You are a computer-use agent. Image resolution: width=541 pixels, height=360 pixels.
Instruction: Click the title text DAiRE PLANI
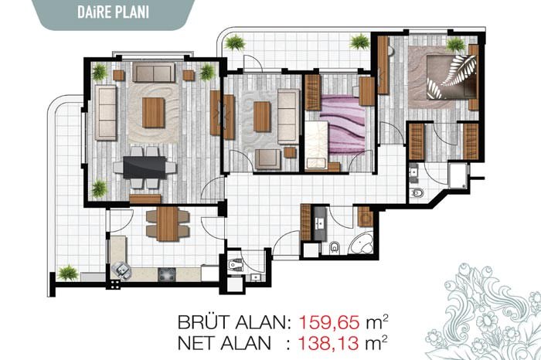pos(113,12)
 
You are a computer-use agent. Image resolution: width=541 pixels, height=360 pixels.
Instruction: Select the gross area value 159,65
pos(329,322)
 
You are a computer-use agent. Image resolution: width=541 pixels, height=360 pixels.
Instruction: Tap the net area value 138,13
pos(328,343)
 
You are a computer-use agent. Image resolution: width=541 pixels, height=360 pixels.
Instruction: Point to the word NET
pos(196,343)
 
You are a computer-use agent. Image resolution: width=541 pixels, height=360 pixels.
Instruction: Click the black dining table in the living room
pos(145,168)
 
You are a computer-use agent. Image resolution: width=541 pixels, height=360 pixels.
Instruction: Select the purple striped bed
pos(342,125)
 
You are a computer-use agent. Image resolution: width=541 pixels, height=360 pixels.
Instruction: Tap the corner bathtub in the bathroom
pos(361,244)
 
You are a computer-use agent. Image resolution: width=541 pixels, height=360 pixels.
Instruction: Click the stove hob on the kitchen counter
pos(167,274)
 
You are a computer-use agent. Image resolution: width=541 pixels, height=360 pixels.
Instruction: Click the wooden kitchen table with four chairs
pos(168,223)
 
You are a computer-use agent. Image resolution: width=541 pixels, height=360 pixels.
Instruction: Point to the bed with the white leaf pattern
pos(451,77)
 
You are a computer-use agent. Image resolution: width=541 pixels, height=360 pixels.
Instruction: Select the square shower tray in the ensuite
pos(459,175)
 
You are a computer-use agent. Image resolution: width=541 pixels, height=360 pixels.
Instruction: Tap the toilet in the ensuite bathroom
pos(417,192)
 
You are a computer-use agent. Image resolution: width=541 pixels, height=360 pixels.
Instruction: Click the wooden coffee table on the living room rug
pos(153,113)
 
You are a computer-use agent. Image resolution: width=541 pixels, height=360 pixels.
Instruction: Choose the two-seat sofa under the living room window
pos(154,73)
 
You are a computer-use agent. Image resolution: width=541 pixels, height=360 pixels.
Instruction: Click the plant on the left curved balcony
pos(68,273)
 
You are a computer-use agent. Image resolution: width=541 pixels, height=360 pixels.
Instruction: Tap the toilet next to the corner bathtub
pos(335,247)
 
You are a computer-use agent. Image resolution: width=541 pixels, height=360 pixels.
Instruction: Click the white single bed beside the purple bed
pos(316,144)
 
